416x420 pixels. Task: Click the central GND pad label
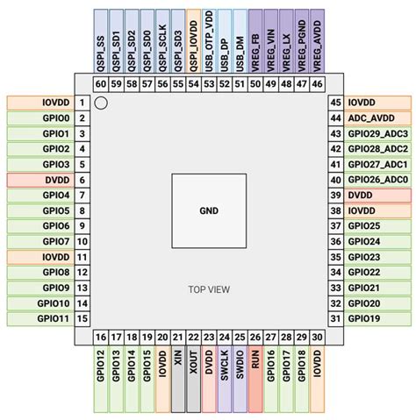coord(207,210)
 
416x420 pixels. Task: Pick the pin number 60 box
coord(100,83)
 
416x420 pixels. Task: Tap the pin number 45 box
coord(334,103)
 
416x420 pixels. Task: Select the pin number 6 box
coord(81,180)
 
